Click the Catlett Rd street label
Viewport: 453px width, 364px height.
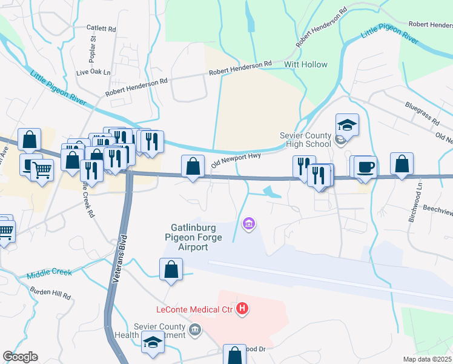tap(101, 28)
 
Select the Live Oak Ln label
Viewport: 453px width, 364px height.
tap(94, 72)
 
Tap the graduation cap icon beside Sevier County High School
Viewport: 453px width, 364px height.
tap(347, 124)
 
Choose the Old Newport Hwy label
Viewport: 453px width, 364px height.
tap(236, 161)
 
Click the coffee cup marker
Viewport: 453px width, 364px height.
tap(365, 166)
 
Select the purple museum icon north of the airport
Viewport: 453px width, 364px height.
tap(248, 224)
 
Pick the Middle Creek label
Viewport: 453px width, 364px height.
tap(49, 274)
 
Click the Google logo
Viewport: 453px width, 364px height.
tap(20, 357)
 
